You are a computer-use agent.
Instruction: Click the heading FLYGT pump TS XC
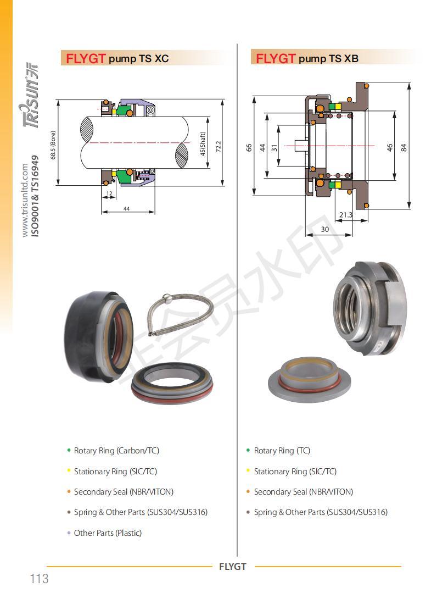click(x=117, y=59)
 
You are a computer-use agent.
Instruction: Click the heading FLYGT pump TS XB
click(x=307, y=59)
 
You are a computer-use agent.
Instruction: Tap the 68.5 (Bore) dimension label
click(x=53, y=145)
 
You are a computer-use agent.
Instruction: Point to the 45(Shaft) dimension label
click(x=203, y=143)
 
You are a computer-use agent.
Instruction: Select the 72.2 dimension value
click(x=218, y=146)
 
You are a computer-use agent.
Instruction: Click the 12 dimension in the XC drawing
click(x=109, y=193)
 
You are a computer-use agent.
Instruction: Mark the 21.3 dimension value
click(x=346, y=214)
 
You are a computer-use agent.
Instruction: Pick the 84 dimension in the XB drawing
click(x=404, y=147)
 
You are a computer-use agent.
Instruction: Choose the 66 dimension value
click(x=249, y=147)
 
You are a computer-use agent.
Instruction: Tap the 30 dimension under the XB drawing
click(x=325, y=229)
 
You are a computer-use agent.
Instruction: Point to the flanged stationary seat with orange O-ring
click(x=310, y=380)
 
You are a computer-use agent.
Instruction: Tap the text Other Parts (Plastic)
click(x=108, y=533)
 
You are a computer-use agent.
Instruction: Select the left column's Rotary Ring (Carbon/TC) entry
click(x=116, y=451)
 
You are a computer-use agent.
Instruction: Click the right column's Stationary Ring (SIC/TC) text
click(x=295, y=472)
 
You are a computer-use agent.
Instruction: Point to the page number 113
click(x=40, y=579)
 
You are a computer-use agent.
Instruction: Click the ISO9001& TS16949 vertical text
click(x=35, y=196)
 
